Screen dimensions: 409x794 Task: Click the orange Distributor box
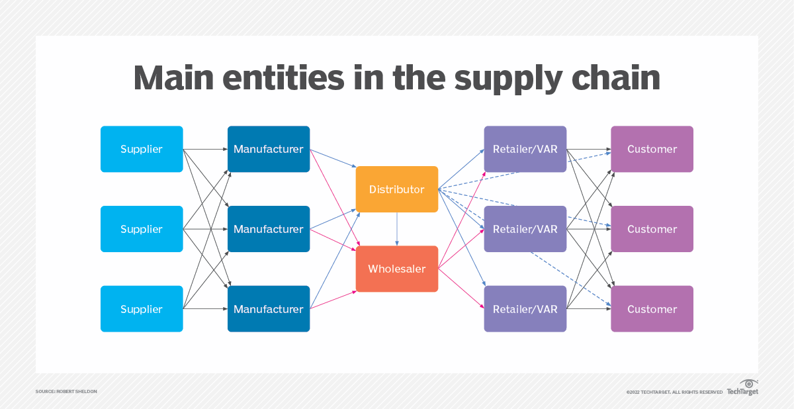point(396,189)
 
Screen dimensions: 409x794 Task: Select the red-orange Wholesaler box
point(396,269)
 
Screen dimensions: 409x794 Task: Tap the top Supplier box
point(142,149)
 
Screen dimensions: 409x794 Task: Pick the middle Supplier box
point(142,229)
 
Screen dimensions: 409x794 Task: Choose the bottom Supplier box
point(142,309)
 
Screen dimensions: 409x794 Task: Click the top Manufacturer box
point(269,149)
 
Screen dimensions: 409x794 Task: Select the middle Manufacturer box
point(269,229)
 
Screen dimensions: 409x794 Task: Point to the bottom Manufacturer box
point(269,309)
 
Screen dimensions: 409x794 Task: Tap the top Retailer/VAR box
point(525,149)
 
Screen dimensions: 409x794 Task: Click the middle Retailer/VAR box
point(525,229)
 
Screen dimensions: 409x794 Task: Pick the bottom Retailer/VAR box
point(525,309)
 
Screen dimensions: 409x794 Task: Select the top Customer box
point(652,149)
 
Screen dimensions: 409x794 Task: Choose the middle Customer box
point(652,229)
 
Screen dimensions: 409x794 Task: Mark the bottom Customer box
point(652,309)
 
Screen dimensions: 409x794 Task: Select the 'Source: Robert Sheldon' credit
point(67,392)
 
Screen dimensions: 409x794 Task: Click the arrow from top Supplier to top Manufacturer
point(205,149)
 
